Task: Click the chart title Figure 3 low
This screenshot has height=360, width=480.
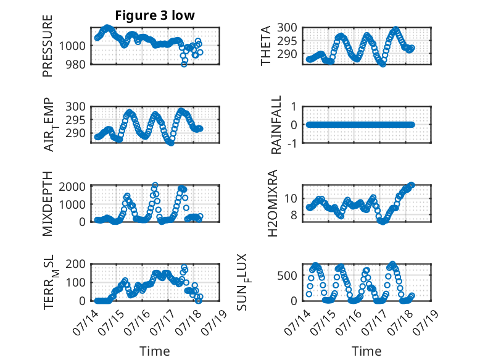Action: [x=155, y=15]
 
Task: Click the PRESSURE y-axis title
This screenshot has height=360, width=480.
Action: [x=48, y=46]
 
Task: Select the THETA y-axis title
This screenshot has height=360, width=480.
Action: [x=266, y=46]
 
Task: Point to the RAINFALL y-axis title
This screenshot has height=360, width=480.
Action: [x=276, y=125]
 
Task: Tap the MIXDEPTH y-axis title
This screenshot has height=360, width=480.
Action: [x=48, y=204]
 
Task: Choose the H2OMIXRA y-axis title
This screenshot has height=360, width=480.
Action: [x=273, y=203]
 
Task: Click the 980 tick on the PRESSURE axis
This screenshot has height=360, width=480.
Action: [x=76, y=64]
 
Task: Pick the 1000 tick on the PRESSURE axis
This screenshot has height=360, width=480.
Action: [x=72, y=46]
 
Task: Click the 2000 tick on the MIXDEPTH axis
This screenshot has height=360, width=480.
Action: [x=72, y=186]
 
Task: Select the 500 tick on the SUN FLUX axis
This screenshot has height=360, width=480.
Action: [x=288, y=275]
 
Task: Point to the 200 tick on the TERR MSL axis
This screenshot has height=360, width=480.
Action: [x=76, y=264]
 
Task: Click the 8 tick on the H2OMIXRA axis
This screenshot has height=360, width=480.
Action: [x=294, y=215]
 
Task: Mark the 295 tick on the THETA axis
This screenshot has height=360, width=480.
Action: [x=288, y=41]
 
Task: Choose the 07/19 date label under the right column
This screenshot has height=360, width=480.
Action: [x=426, y=322]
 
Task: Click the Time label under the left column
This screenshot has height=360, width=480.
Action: [x=155, y=351]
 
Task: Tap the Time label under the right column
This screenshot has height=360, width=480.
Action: [x=366, y=351]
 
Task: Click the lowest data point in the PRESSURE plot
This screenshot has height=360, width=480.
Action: [x=184, y=64]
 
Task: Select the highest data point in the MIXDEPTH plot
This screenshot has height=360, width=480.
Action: [x=155, y=185]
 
